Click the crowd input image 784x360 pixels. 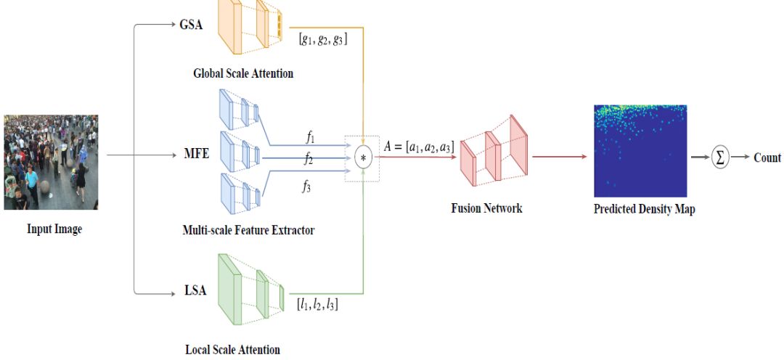point(50,162)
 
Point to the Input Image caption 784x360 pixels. point(54,229)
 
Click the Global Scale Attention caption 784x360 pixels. point(242,73)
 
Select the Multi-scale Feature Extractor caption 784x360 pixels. point(248,230)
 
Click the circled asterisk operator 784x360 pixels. point(363,157)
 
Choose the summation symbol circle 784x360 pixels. point(720,157)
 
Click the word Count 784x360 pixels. point(767,157)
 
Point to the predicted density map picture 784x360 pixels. point(640,151)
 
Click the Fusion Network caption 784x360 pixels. point(486,208)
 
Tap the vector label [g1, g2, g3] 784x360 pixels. point(323,39)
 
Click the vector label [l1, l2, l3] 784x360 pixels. point(317,304)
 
